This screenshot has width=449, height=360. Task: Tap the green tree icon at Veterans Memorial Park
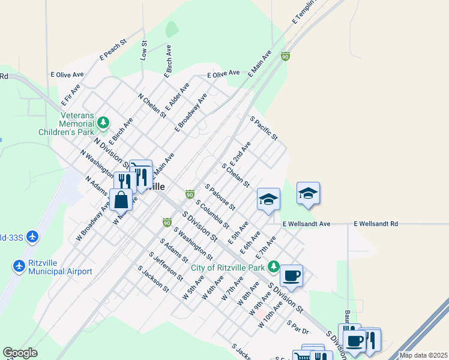[104, 123]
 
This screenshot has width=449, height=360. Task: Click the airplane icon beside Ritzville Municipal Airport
[19, 265]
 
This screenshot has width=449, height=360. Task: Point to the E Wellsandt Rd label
[375, 224]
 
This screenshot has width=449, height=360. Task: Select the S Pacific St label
[264, 128]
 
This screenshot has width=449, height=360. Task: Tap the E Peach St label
[114, 50]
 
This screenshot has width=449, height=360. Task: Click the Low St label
[143, 50]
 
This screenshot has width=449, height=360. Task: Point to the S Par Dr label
[298, 327]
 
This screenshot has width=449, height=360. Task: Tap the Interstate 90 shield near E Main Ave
[285, 56]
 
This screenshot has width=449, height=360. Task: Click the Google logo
[20, 353]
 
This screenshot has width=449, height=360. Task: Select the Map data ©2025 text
[423, 355]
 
